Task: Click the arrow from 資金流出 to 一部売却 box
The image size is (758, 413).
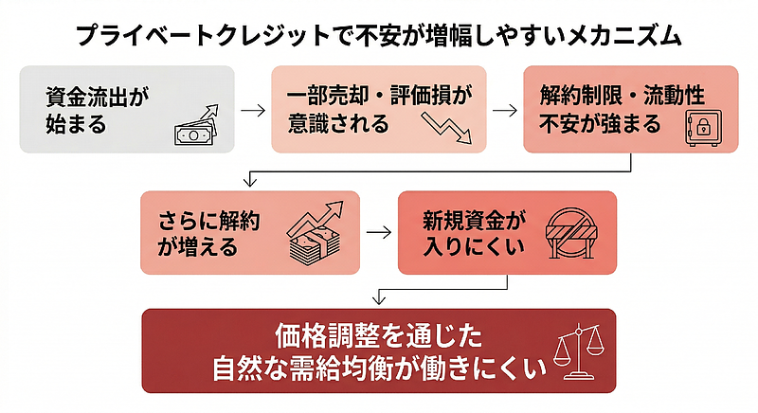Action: tap(253, 109)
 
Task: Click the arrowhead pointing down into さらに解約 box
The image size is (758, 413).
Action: tap(249, 182)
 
